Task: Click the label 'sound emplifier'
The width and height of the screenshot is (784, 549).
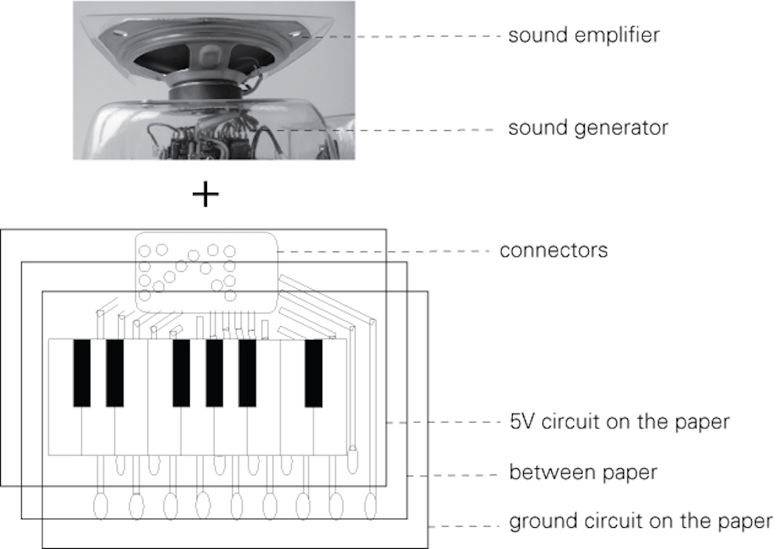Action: pos(583,35)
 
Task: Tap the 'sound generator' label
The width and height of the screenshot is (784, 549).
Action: pos(588,127)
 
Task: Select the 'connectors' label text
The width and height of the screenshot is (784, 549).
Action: pos(554,251)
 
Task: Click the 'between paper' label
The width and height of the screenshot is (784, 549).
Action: pos(583,472)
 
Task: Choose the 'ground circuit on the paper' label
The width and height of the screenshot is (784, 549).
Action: pos(641,522)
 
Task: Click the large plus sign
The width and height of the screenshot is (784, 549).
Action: pos(205,193)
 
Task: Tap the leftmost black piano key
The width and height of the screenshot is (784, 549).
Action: pos(82,373)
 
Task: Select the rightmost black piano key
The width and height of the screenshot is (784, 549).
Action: pos(314,373)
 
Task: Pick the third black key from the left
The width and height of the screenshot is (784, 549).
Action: pos(181,373)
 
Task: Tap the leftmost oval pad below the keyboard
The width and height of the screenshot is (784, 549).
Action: pos(102,504)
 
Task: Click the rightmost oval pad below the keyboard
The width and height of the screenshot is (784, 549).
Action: pos(369,504)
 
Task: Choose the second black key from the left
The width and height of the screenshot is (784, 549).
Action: pos(114,373)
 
